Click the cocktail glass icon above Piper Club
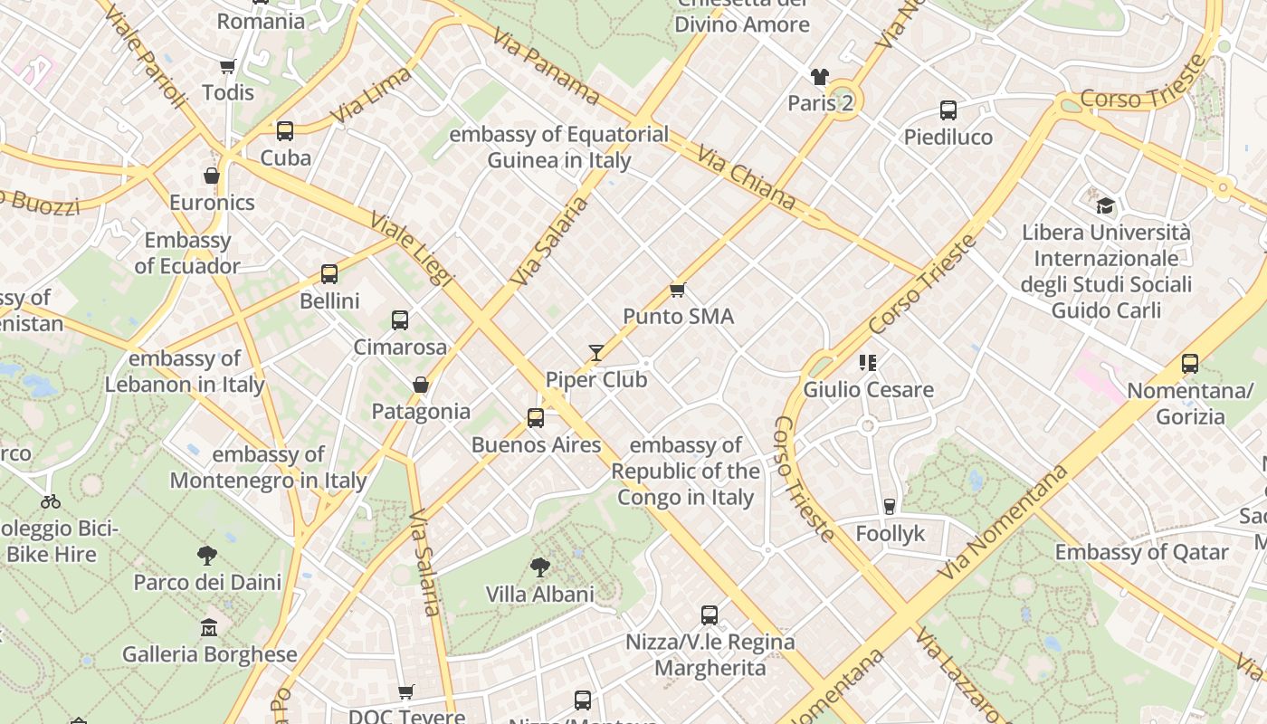[x=595, y=353]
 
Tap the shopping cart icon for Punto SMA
[x=677, y=291]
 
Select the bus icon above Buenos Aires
[x=536, y=418]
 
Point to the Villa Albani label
[x=540, y=595]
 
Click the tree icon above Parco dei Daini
[x=207, y=556]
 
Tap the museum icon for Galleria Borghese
[x=209, y=627]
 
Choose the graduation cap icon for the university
[x=1105, y=206]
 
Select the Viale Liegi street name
[x=412, y=249]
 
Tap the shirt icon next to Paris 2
[x=820, y=77]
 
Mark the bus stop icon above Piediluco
[x=948, y=110]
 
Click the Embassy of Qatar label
[x=1141, y=552]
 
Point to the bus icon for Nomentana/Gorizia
[x=1190, y=364]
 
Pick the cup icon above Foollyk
[x=890, y=507]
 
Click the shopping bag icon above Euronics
[x=212, y=176]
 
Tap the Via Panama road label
[x=547, y=65]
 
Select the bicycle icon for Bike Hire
[x=51, y=501]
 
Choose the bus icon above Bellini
[x=329, y=274]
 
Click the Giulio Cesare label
[x=868, y=390]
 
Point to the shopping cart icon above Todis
[x=227, y=66]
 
